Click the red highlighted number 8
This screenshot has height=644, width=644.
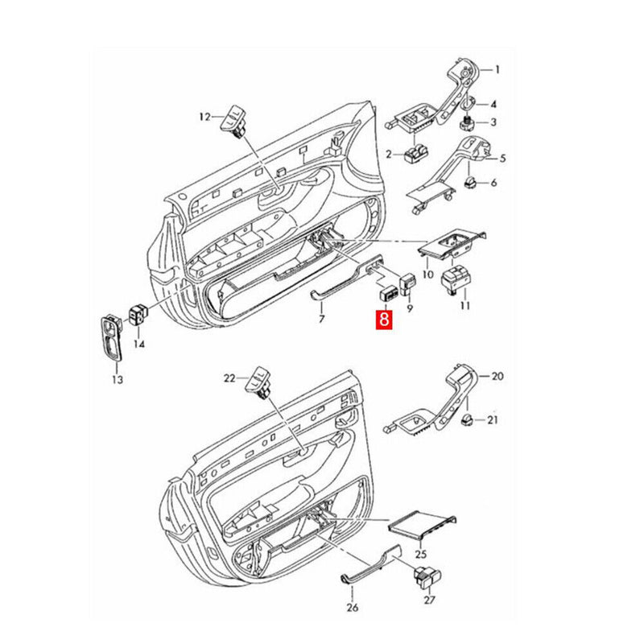pyautogui.click(x=384, y=319)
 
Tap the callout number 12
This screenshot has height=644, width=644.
pyautogui.click(x=204, y=117)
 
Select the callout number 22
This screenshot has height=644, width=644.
pyautogui.click(x=229, y=378)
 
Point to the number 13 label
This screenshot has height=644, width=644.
pyautogui.click(x=117, y=379)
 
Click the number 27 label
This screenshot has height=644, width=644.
pyautogui.click(x=429, y=600)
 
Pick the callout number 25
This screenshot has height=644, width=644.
pyautogui.click(x=421, y=555)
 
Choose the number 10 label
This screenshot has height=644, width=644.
pyautogui.click(x=428, y=274)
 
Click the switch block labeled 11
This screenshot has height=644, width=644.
pyautogui.click(x=455, y=279)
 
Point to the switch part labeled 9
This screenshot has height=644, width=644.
pyautogui.click(x=407, y=284)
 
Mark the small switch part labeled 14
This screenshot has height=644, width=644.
pyautogui.click(x=138, y=315)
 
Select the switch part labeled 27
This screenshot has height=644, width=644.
pyautogui.click(x=427, y=578)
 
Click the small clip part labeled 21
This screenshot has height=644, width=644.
pyautogui.click(x=468, y=420)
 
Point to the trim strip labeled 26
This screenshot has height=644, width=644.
pyautogui.click(x=370, y=564)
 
